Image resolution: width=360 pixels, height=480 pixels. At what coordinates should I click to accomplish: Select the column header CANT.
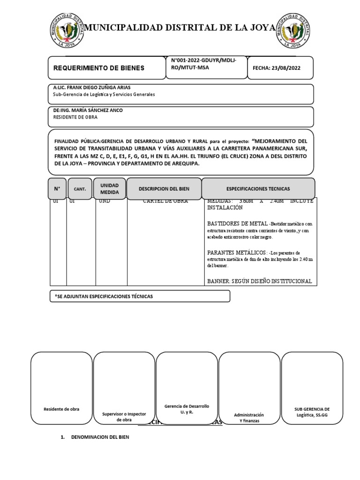coord(80,189)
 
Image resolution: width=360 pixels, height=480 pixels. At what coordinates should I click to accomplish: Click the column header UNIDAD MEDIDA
coord(109,188)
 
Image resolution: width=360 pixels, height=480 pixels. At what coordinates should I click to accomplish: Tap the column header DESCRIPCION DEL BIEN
coord(164,188)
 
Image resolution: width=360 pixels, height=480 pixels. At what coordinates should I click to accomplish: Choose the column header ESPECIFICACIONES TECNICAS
coord(258,188)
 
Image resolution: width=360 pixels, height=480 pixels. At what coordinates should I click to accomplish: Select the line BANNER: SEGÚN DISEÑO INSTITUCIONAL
coord(259,281)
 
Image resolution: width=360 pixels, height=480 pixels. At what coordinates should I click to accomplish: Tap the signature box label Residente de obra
coord(61,409)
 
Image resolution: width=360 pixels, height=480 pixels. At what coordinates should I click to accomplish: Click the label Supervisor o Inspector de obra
coord(124,417)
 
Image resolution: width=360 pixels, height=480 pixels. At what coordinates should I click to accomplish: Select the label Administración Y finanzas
coord(249,418)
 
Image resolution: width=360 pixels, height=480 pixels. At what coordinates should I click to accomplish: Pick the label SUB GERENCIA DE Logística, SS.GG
coord(312,412)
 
